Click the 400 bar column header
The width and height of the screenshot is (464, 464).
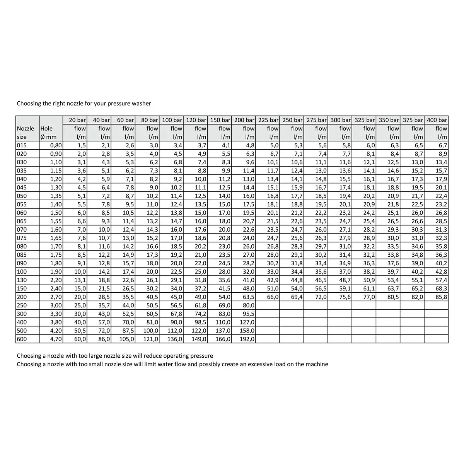pos(437,120)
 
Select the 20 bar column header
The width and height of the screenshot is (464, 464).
pos(78,120)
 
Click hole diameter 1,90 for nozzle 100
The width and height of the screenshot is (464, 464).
pos(56,272)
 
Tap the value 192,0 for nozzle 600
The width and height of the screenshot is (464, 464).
pos(247,339)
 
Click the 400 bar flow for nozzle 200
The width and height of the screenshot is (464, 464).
pos(441,297)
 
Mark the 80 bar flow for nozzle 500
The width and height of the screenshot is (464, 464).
pos(151,331)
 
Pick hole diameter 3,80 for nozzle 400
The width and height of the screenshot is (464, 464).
pos(56,322)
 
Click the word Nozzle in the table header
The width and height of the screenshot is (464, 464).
pos(26,128)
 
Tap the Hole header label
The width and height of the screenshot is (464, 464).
pos(46,128)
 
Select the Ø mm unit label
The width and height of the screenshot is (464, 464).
pos(49,137)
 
